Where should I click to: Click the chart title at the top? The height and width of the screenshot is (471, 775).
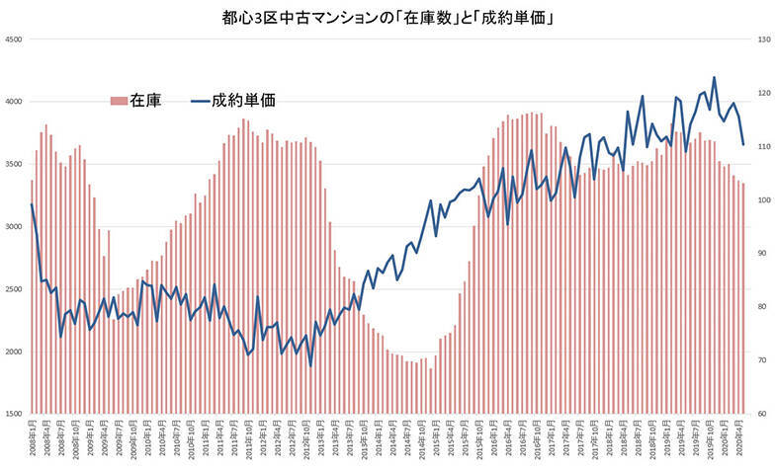pos(387,17)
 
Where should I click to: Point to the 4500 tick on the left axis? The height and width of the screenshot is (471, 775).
pos(14,39)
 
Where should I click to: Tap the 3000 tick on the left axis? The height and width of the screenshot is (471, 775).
pos(14,227)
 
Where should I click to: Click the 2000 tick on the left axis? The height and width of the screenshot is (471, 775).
pos(14,352)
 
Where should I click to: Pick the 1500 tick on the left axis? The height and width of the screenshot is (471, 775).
pos(14,414)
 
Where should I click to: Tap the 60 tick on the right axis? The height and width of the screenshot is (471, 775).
pos(761,414)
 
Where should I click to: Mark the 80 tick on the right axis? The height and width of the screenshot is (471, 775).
pos(761,307)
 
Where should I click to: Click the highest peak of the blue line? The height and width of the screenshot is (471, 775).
pos(714,77)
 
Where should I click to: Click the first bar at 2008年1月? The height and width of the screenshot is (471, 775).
pos(32,296)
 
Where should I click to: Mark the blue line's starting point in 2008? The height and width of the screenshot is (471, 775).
pos(32,204)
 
